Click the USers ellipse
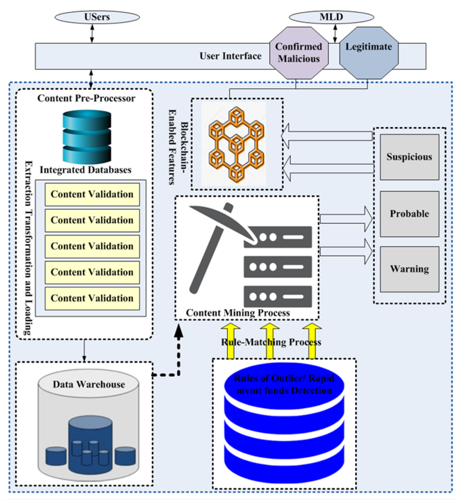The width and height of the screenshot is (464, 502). coord(97,17)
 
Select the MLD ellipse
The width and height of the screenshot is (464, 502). coord(331,17)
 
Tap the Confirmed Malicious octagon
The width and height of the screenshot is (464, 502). coord(299,53)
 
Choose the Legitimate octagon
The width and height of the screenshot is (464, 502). coord(369,53)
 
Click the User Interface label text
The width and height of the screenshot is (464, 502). coord(230,56)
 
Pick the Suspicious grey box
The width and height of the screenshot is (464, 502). coord(410,157)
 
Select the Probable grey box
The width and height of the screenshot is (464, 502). coord(410,214)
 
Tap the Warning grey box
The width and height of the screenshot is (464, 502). coord(410,269)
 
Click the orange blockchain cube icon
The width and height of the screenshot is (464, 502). coord(237,145)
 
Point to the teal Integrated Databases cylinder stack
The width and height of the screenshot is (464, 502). coord(87,137)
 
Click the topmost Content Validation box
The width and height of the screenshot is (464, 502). coord(92,194)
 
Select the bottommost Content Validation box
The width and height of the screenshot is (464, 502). coord(92,298)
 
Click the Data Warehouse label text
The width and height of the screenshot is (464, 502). coord(89,384)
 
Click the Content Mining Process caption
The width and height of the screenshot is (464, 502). coord(238,313)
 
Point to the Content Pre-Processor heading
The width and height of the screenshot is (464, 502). coord(86,98)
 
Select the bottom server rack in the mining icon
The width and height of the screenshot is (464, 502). coord(278,297)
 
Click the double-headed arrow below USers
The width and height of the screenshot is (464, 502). coord(92,34)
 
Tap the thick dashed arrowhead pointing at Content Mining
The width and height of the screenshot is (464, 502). coord(179,330)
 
